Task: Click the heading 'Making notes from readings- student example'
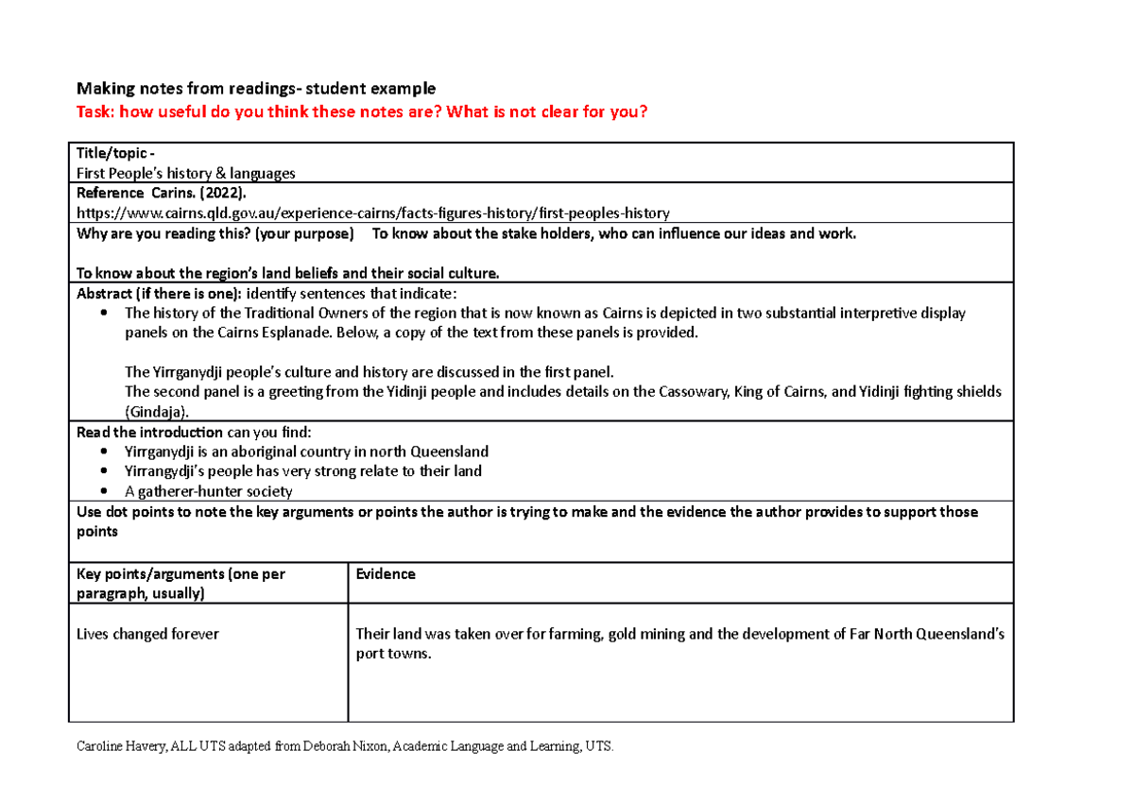pos(255,89)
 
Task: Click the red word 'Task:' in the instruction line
pos(94,112)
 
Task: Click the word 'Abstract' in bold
pos(105,293)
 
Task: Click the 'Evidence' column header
pos(386,573)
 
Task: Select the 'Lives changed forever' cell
pos(146,634)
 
